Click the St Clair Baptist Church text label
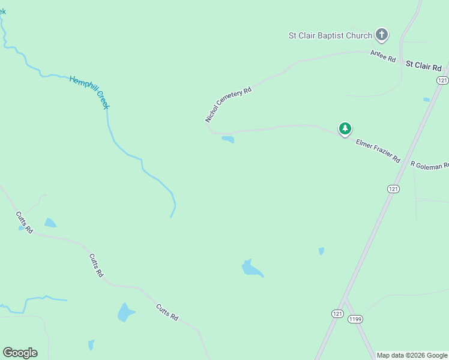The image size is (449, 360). coord(330,35)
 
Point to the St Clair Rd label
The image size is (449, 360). coord(423,65)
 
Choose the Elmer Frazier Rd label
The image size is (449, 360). coord(378,151)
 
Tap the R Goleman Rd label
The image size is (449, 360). coord(429,165)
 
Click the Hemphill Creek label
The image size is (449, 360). coord(89,92)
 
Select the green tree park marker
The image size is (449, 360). coord(345,128)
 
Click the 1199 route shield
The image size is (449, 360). coord(355,319)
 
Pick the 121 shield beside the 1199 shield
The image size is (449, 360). coord(337,314)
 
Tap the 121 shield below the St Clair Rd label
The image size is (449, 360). coord(442,80)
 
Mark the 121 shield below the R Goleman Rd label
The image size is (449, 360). coord(393,189)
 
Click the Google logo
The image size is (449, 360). coord(20,353)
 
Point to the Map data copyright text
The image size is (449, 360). coord(412,355)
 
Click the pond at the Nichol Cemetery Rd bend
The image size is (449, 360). coord(228,140)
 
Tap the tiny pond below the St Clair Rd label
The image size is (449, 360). coord(426,100)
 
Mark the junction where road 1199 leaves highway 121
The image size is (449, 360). coord(346,298)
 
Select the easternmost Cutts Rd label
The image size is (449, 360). coord(167,312)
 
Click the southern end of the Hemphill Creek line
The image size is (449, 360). coord(171,217)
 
